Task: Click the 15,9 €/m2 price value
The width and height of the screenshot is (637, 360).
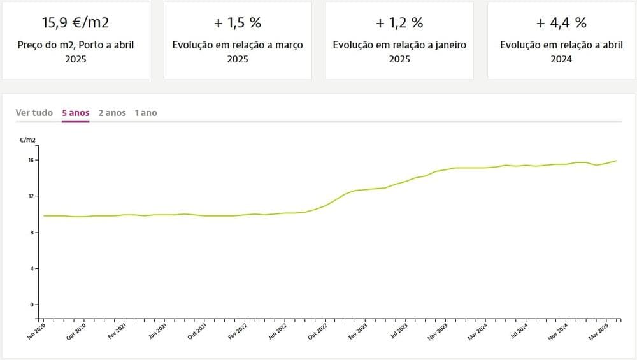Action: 75,23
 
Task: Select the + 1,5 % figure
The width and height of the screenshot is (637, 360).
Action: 238,23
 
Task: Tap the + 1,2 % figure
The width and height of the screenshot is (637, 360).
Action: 399,23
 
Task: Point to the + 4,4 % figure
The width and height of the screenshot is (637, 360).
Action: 561,23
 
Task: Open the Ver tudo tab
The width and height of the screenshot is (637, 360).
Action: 34,113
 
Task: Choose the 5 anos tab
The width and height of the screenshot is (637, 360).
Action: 75,113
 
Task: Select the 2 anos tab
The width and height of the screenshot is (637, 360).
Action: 112,113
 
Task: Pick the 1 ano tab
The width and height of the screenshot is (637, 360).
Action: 145,113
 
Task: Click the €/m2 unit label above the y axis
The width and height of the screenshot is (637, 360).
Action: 28,140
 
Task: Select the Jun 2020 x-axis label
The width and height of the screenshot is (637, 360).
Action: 37,332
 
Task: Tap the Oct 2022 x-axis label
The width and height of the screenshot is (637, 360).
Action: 317,332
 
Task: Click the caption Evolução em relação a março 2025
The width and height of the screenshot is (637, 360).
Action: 238,52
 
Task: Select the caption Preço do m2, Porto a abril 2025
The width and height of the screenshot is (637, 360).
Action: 75,52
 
